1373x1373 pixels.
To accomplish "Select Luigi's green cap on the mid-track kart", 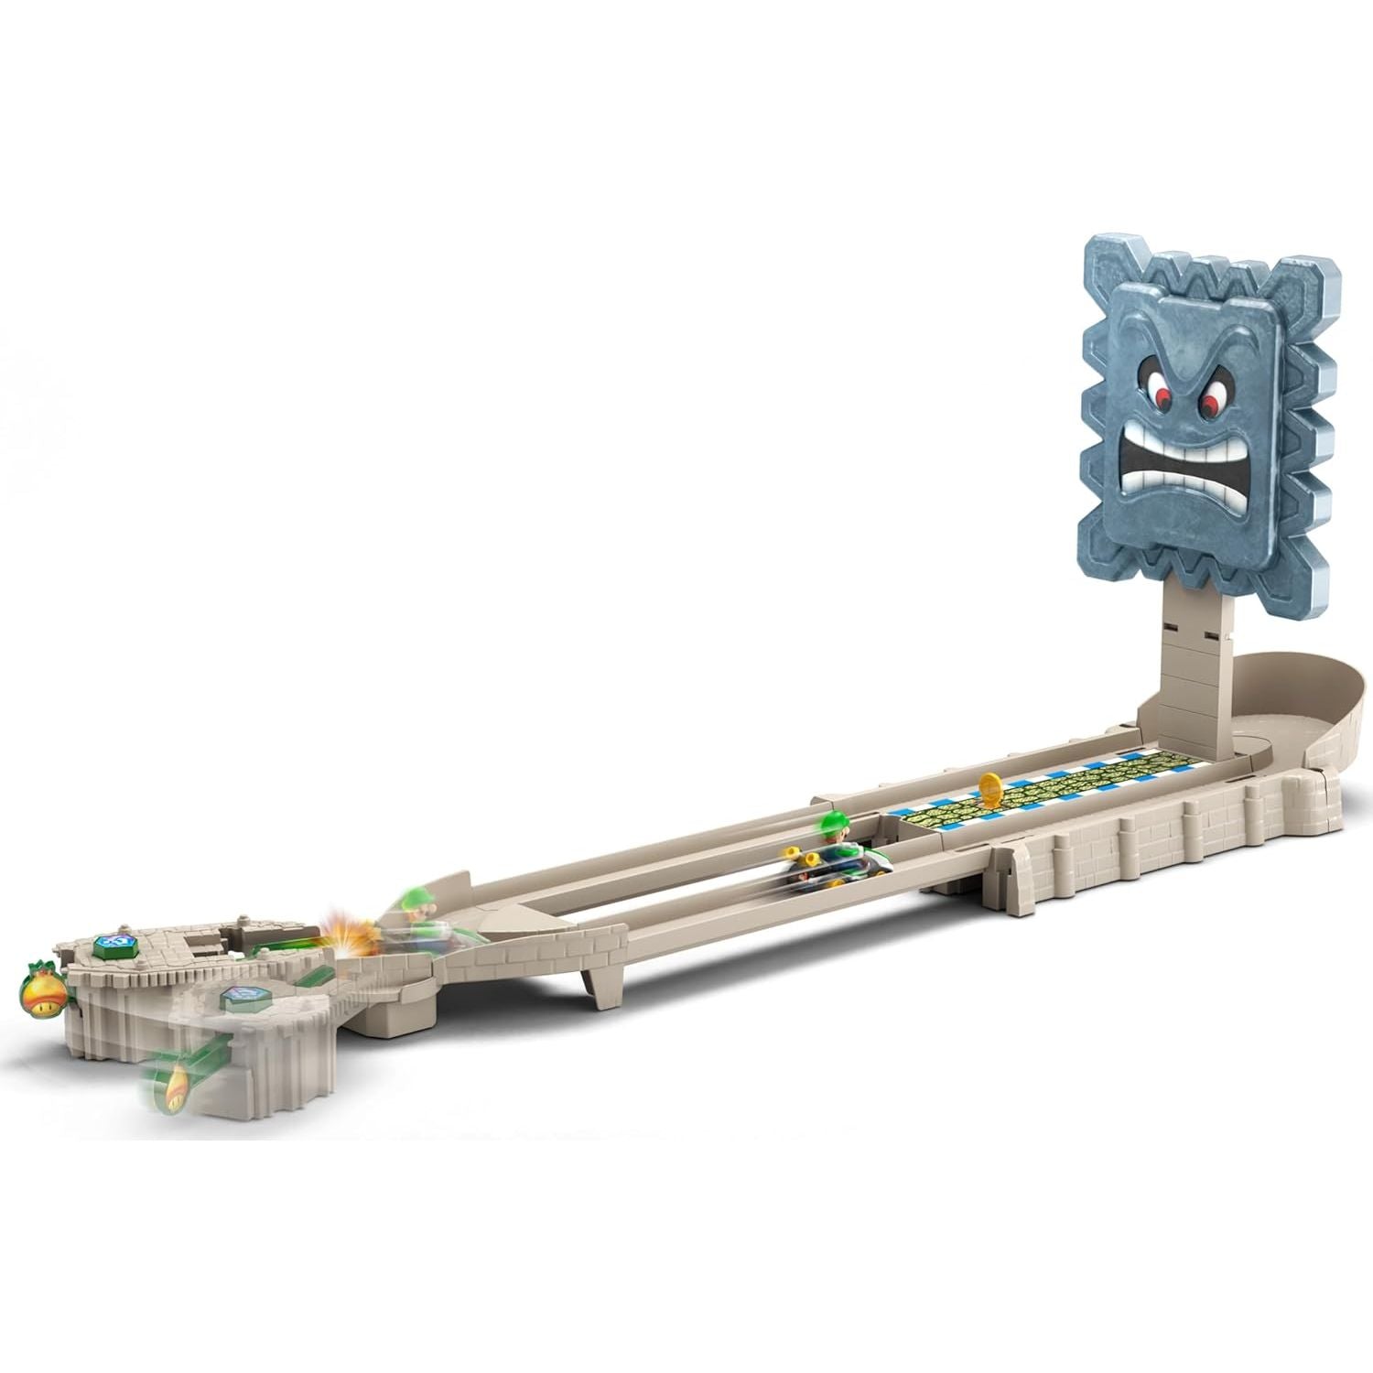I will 836,817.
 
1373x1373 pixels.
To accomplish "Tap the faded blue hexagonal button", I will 243,996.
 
